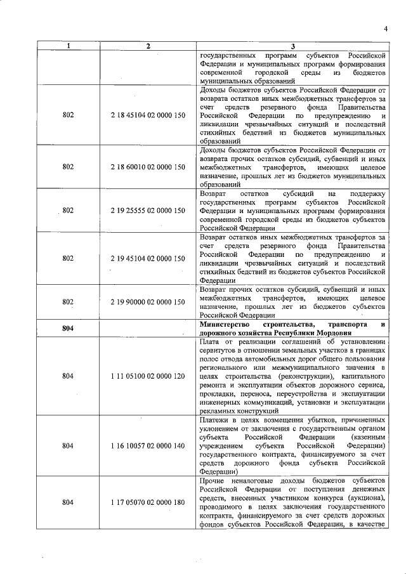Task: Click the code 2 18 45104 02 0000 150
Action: coord(148,117)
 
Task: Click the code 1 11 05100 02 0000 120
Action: coord(148,376)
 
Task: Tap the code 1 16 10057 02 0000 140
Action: coord(148,446)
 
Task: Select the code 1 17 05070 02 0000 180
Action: coord(148,502)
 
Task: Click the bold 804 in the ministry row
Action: coord(69,329)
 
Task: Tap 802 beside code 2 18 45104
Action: coord(69,117)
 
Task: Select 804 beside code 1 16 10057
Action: coord(69,446)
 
